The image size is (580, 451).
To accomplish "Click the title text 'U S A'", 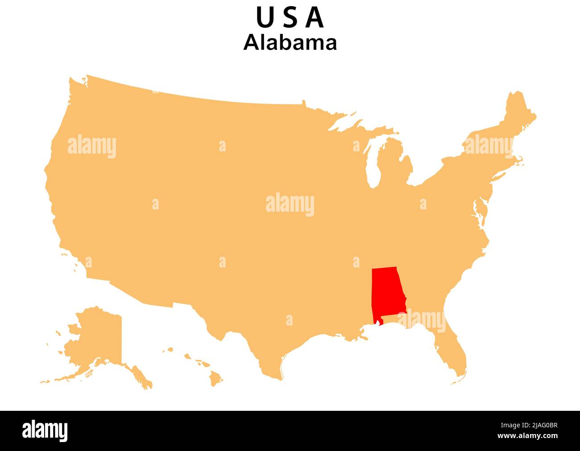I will point(290,18).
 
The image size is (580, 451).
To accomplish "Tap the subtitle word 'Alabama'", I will point(290,43).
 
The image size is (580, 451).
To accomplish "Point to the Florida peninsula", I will point(453,353).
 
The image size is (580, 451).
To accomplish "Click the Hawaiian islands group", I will point(201,366).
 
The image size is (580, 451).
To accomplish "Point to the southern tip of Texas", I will point(279,375).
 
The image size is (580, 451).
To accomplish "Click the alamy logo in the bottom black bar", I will point(45,430).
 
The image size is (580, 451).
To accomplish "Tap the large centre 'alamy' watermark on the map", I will point(290,205).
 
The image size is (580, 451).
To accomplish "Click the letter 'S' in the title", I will point(290,18).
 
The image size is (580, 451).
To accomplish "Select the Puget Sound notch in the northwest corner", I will point(83,81).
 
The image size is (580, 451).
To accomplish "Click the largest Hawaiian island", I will point(216,379).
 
